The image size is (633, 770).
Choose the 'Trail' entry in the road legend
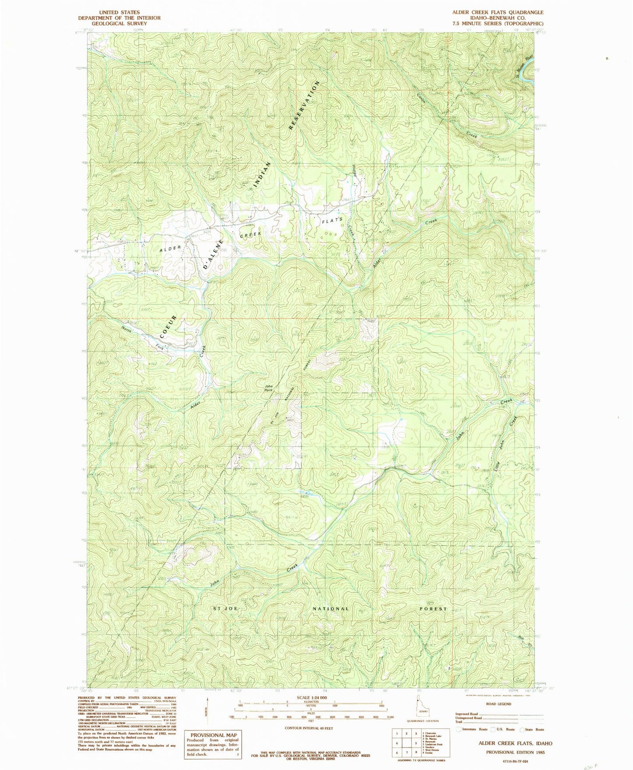pyautogui.click(x=459, y=721)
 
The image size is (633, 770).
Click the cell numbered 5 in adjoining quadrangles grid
pyautogui.click(x=413, y=743)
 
